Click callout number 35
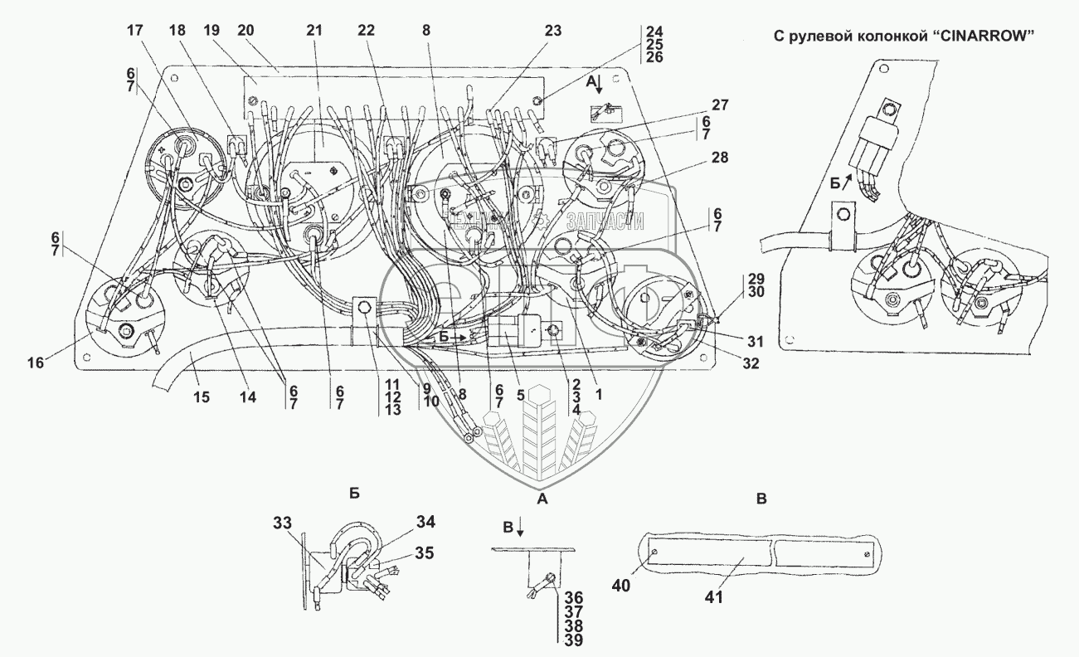tap(424, 552)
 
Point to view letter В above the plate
tap(762, 499)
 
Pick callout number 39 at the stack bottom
tap(572, 642)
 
